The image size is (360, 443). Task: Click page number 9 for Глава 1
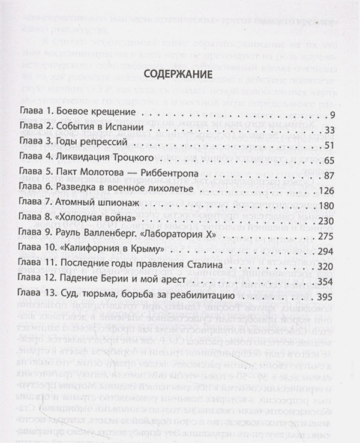point(337,115)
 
